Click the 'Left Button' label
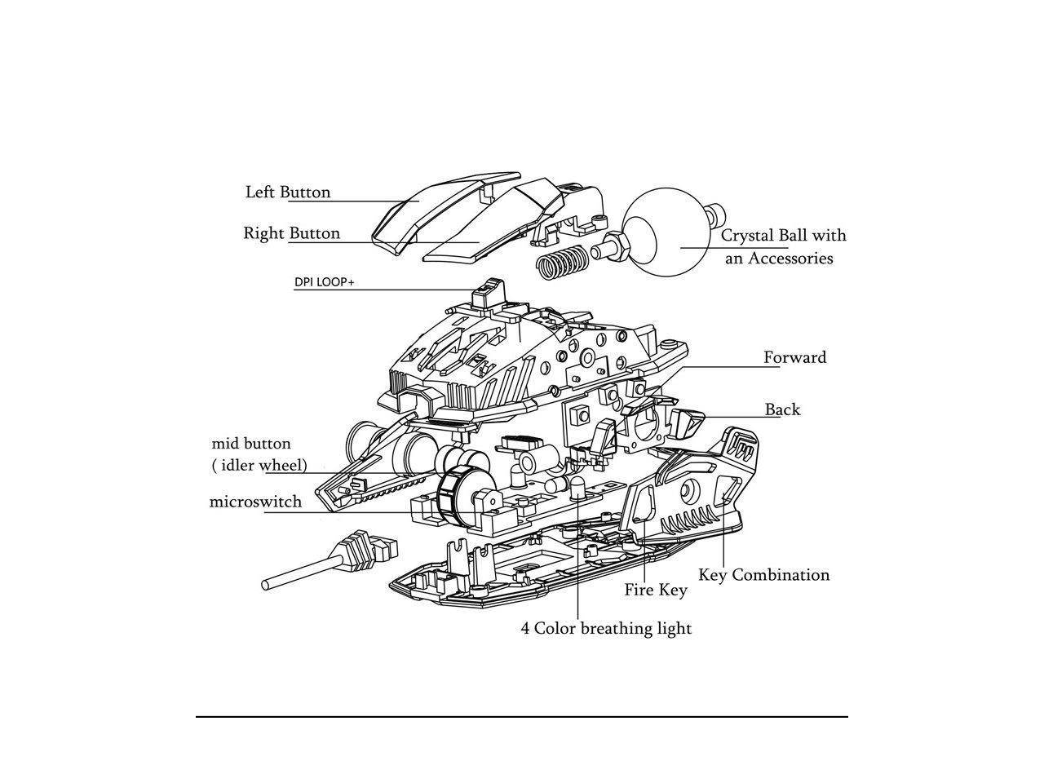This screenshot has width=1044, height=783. [288, 192]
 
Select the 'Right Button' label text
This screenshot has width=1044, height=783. [291, 233]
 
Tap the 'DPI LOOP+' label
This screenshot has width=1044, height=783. [324, 283]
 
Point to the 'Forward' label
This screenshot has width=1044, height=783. [794, 357]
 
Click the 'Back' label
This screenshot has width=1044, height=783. [782, 409]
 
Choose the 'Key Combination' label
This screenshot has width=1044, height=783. [763, 575]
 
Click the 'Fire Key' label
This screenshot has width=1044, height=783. [656, 590]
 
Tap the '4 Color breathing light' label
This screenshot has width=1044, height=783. [606, 628]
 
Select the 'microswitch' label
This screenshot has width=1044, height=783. [255, 502]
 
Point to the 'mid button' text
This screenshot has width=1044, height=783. [251, 444]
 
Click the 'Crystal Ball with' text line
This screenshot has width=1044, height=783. [783, 236]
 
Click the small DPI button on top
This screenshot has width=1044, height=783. [489, 294]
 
